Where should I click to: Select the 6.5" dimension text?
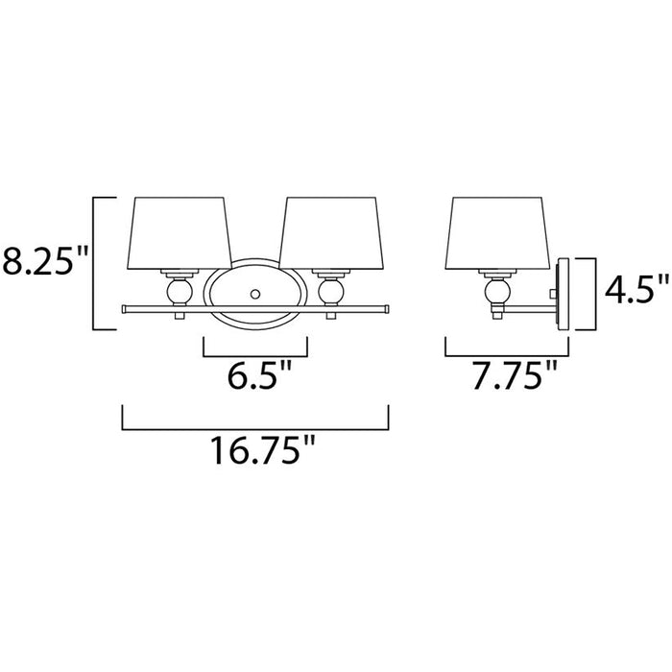(x=256, y=375)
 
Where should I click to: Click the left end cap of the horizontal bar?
(x=125, y=308)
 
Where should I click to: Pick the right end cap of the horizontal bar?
(x=385, y=308)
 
